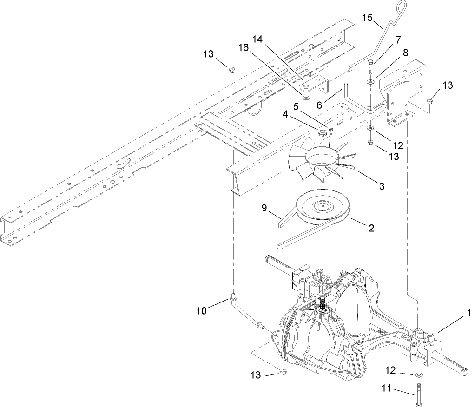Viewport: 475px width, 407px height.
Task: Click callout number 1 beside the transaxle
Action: [x=469, y=314]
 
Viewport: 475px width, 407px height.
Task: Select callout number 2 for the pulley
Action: [x=370, y=229]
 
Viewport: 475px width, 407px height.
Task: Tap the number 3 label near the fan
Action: [x=381, y=186]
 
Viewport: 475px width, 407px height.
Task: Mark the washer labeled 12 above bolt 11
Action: [x=419, y=374]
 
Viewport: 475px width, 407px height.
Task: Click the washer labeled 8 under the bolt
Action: [x=371, y=82]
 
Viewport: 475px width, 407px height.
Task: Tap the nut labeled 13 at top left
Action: [x=231, y=69]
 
